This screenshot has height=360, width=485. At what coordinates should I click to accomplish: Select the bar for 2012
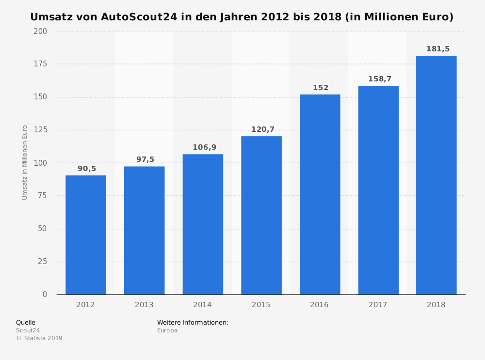point(86,235)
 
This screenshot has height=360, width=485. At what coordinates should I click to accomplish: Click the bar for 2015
point(261,215)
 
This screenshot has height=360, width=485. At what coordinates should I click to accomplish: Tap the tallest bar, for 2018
point(436,175)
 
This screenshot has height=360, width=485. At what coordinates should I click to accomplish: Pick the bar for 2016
point(320,194)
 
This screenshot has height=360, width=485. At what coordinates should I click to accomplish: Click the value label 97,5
point(145,160)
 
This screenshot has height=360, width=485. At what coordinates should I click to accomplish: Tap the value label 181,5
point(438,49)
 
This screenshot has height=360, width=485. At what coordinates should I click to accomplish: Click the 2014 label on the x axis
point(202,305)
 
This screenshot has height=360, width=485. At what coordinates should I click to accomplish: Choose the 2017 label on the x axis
point(378,305)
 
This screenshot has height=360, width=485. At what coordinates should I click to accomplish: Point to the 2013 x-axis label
point(144,305)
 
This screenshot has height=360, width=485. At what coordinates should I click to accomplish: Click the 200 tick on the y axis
point(41,31)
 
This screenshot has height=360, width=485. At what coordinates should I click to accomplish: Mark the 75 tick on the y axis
point(43,196)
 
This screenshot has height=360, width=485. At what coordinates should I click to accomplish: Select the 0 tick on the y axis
point(45,295)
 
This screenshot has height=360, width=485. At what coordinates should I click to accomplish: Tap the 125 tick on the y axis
point(41,130)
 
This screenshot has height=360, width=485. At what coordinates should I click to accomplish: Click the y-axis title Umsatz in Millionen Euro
point(25,162)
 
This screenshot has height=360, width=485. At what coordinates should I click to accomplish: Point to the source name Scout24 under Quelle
point(28,330)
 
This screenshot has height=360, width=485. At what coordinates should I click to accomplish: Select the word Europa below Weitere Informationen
point(167,330)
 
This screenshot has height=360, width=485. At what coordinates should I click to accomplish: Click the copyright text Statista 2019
point(42,338)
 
